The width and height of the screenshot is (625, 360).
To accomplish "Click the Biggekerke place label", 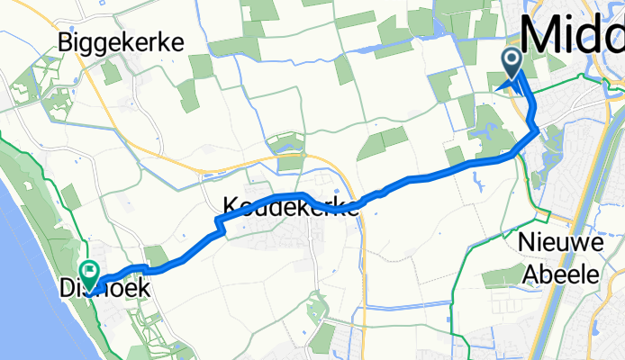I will point(120,42).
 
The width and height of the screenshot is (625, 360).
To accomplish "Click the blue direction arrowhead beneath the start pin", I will point(509,85).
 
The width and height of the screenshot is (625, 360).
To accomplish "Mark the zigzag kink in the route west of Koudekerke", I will point(218,229).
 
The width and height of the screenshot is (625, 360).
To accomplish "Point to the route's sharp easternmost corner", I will point(539,130).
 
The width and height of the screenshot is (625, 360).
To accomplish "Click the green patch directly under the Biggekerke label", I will point(112,72).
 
